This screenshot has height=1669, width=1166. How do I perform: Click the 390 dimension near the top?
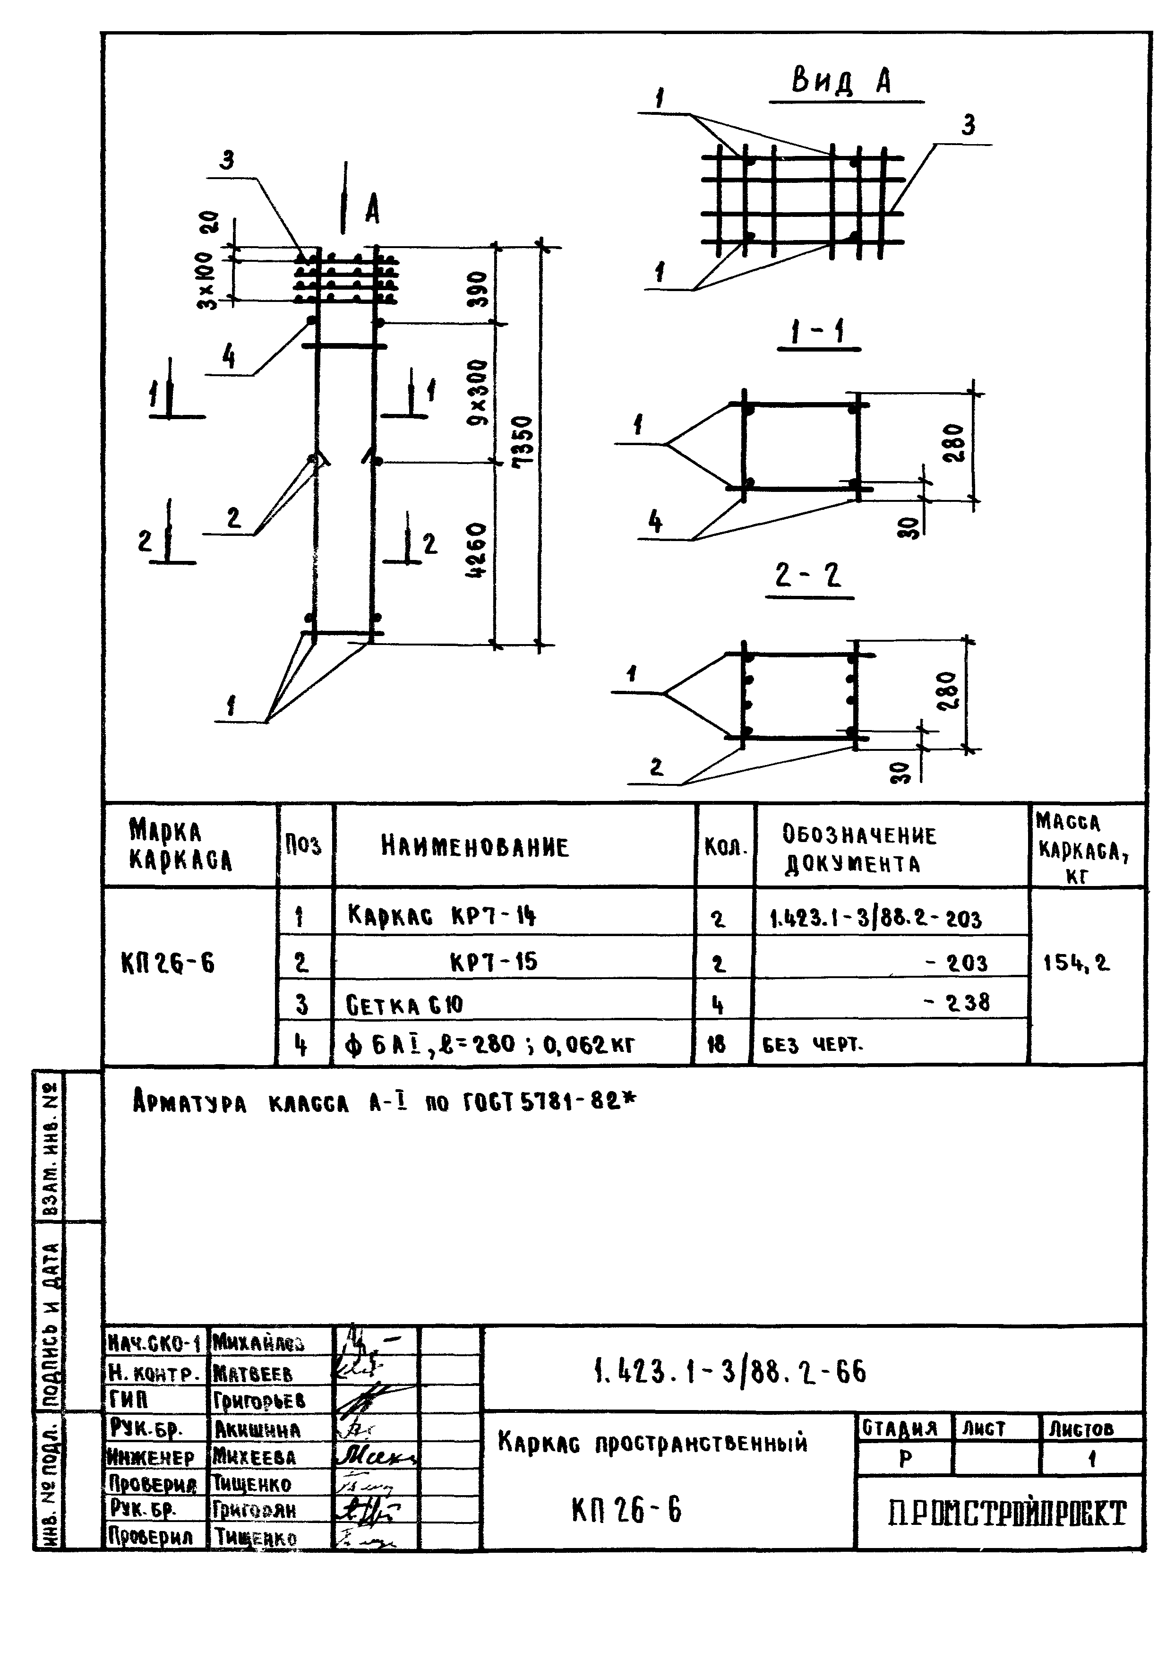click(478, 289)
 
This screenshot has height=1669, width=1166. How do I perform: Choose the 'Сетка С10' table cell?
click(405, 1006)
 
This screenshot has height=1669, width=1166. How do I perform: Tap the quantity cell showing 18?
click(717, 1045)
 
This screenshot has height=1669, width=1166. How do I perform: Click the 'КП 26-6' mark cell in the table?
click(168, 964)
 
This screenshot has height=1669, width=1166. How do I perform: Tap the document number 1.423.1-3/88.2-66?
click(729, 1372)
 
